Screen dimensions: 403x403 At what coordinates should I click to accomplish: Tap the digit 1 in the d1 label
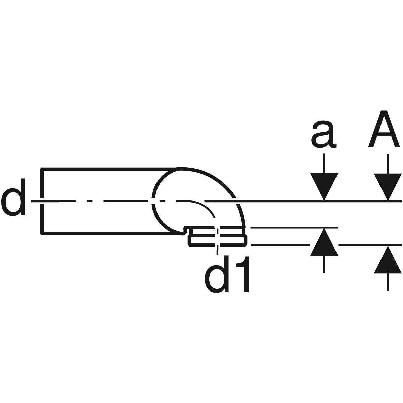point(241,274)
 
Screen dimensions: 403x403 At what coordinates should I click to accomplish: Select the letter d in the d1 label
point(216,274)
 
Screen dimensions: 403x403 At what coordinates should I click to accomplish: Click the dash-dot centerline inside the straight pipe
point(91,201)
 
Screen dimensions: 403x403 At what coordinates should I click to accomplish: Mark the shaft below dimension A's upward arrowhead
point(388,281)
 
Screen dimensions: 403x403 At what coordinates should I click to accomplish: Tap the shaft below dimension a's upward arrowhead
point(324,264)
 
